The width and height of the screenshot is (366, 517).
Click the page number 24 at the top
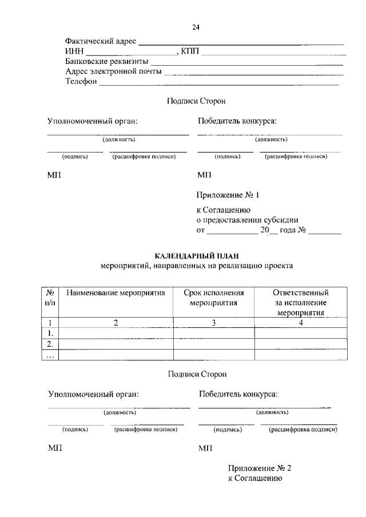pos(196,27)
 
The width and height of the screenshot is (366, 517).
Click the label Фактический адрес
pos(101,41)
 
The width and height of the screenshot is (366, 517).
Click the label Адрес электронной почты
pos(113,71)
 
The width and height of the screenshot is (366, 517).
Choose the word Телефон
pos(82,82)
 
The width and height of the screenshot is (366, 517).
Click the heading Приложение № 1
pos(228,195)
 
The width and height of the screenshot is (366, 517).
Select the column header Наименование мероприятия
pos(116,293)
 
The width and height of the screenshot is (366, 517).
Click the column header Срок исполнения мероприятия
pos(213,298)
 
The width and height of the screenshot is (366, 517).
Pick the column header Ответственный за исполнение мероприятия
pos(301,303)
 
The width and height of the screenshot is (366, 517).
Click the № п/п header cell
pos(50,298)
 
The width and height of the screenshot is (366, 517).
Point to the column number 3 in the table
pos(213,323)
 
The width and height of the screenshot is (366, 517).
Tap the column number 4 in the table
pos(301,323)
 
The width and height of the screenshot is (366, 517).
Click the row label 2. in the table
pos(50,344)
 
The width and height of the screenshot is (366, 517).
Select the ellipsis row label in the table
pos(50,355)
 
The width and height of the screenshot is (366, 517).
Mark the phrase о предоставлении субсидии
pos(247,221)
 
